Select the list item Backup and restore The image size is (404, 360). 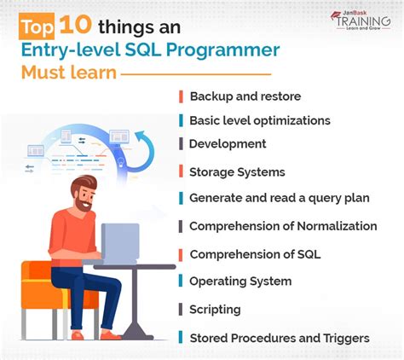tap(245, 96)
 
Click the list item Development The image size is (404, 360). tap(228, 144)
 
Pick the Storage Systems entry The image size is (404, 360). tap(237, 172)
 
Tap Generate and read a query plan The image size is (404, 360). tap(279, 198)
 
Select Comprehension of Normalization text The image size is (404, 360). tap(282, 226)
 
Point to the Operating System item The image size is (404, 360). tap(240, 282)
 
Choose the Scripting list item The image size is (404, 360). tap(215, 310)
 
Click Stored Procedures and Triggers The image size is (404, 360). tap(279, 338)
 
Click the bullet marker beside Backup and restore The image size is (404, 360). tap(181, 96)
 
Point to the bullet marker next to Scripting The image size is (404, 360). tap(181, 310)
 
